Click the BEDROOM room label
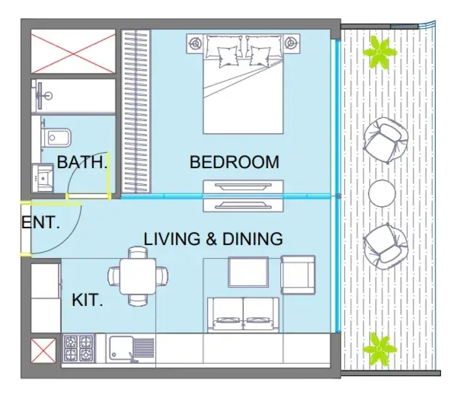234,162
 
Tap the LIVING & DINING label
213,239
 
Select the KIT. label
87,300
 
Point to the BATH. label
82,162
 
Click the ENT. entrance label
41,222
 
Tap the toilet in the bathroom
56,137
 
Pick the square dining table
138,276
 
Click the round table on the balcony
382,193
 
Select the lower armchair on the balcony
386,246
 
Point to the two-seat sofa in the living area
243,315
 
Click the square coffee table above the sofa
248,272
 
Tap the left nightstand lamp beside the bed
195,43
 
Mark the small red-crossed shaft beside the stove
43,351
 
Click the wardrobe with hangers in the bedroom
136,111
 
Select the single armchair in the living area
298,275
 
